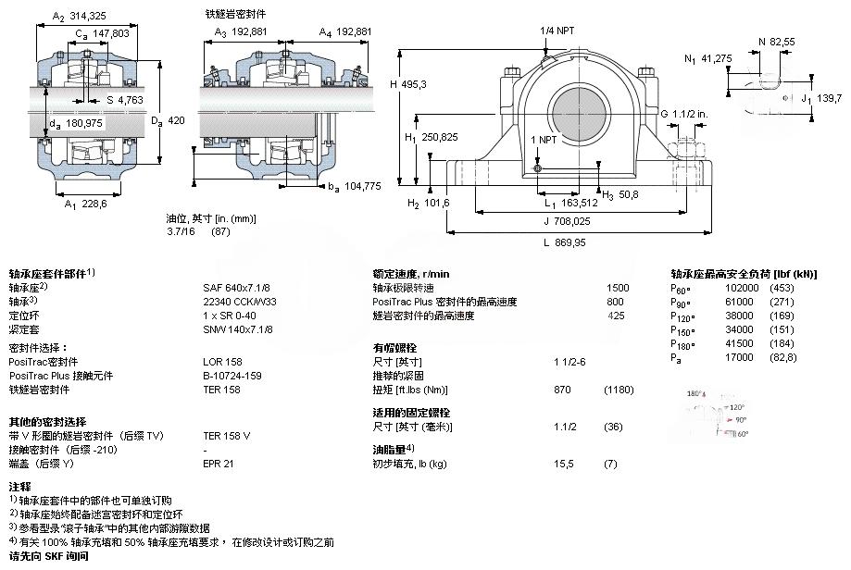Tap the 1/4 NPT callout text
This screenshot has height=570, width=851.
click(557, 31)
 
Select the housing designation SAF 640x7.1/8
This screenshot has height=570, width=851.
click(236, 287)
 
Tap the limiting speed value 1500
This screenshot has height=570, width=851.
click(617, 287)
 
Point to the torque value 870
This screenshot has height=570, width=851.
click(562, 390)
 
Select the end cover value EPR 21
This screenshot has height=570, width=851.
click(219, 462)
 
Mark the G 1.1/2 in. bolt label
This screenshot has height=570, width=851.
click(687, 114)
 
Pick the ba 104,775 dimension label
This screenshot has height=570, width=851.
click(355, 186)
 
